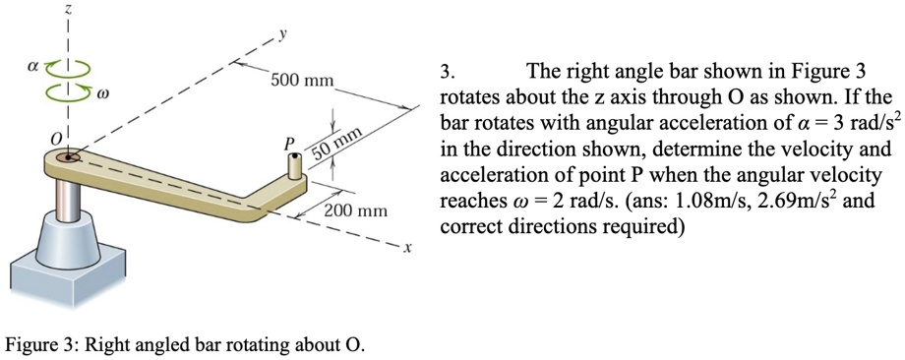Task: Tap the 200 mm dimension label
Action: [356, 211]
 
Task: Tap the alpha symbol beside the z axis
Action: [33, 72]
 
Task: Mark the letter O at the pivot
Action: [56, 133]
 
